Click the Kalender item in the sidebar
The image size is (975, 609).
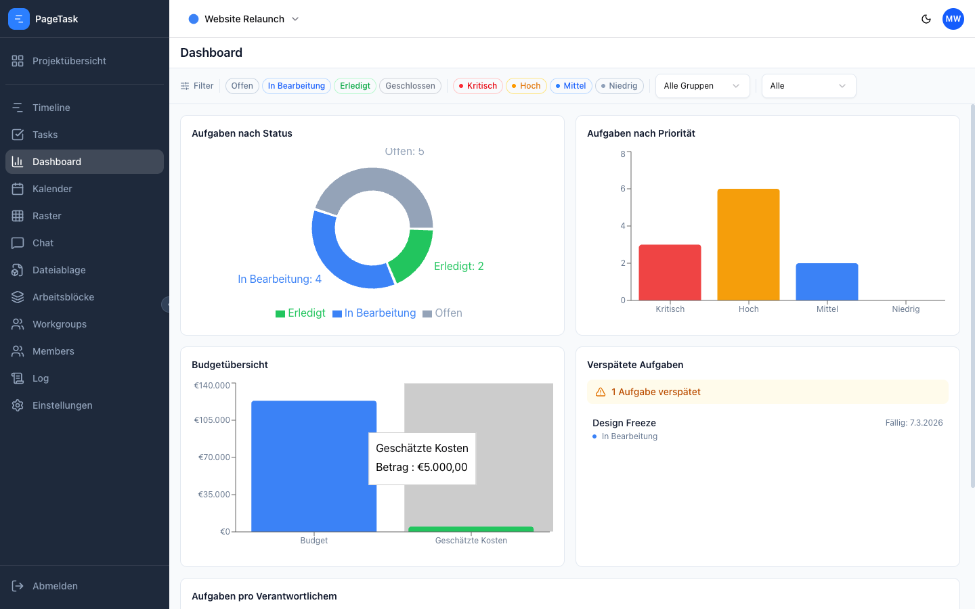(x=51, y=189)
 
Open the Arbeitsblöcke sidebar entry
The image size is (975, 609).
(x=63, y=297)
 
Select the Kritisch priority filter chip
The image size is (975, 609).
(x=477, y=86)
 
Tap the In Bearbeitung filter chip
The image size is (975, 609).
(x=296, y=86)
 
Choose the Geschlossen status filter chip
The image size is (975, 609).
(x=410, y=86)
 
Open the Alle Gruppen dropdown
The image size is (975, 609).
(x=702, y=86)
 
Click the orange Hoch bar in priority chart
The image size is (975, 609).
(x=748, y=244)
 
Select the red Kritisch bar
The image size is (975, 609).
(x=670, y=272)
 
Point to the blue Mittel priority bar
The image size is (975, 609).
(x=827, y=281)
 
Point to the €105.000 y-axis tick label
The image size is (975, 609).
(x=212, y=420)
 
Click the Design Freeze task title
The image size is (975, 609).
(x=624, y=423)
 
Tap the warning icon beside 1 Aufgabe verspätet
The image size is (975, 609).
(x=601, y=392)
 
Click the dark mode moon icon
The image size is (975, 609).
(x=926, y=19)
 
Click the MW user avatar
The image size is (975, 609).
(x=953, y=19)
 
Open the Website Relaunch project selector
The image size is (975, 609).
(x=244, y=19)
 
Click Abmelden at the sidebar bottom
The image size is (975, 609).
(x=55, y=586)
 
